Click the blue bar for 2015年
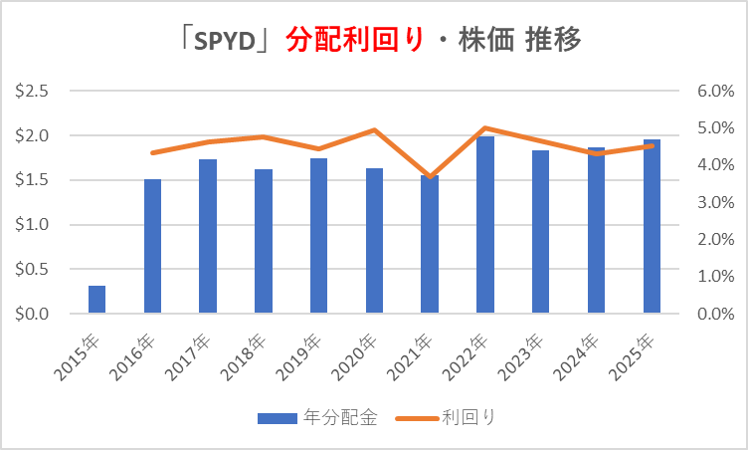coord(96,300)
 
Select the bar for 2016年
coord(152,247)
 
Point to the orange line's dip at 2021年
coord(429,176)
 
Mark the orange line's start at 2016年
coord(152,152)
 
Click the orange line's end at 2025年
coord(652,146)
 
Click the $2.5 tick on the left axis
coord(34,92)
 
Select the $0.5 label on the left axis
coord(34,270)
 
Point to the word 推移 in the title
coord(548,40)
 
